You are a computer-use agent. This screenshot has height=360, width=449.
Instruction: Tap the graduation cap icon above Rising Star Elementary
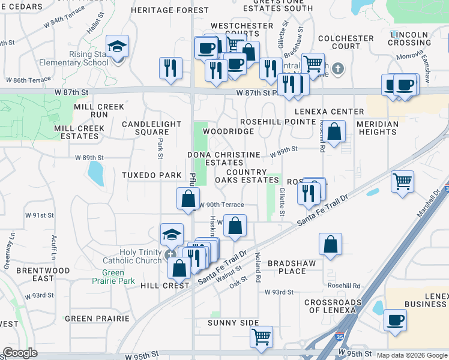click(x=117, y=46)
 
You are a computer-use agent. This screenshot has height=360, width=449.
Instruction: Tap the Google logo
click(x=20, y=353)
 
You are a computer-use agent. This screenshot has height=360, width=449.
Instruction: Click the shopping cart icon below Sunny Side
click(x=261, y=337)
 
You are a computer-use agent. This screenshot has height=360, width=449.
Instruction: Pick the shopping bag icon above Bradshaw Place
click(x=330, y=244)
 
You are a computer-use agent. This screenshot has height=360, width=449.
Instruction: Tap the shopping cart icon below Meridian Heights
click(x=402, y=181)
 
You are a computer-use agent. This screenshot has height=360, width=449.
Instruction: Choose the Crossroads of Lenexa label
click(x=332, y=306)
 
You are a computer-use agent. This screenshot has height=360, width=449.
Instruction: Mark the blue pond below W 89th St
click(x=95, y=173)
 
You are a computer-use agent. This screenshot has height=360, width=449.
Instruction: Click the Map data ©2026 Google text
click(x=412, y=355)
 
